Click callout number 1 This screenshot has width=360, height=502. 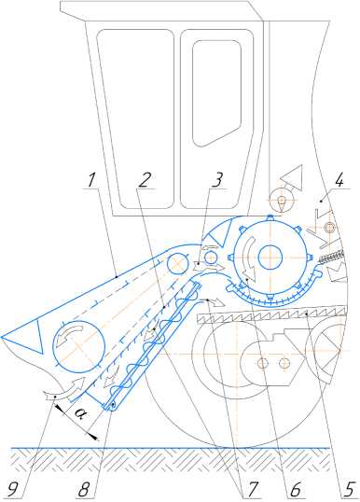point(91,180)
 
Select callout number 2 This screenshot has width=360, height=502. point(144,180)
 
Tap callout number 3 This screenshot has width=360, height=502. point(217,180)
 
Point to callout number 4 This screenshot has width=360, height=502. point(339,180)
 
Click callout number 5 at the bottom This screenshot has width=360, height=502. point(350,489)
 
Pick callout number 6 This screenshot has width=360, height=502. point(295,489)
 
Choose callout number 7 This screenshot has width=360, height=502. point(252,489)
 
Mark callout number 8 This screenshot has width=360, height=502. point(84,489)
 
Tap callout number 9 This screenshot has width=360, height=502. point(13,489)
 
